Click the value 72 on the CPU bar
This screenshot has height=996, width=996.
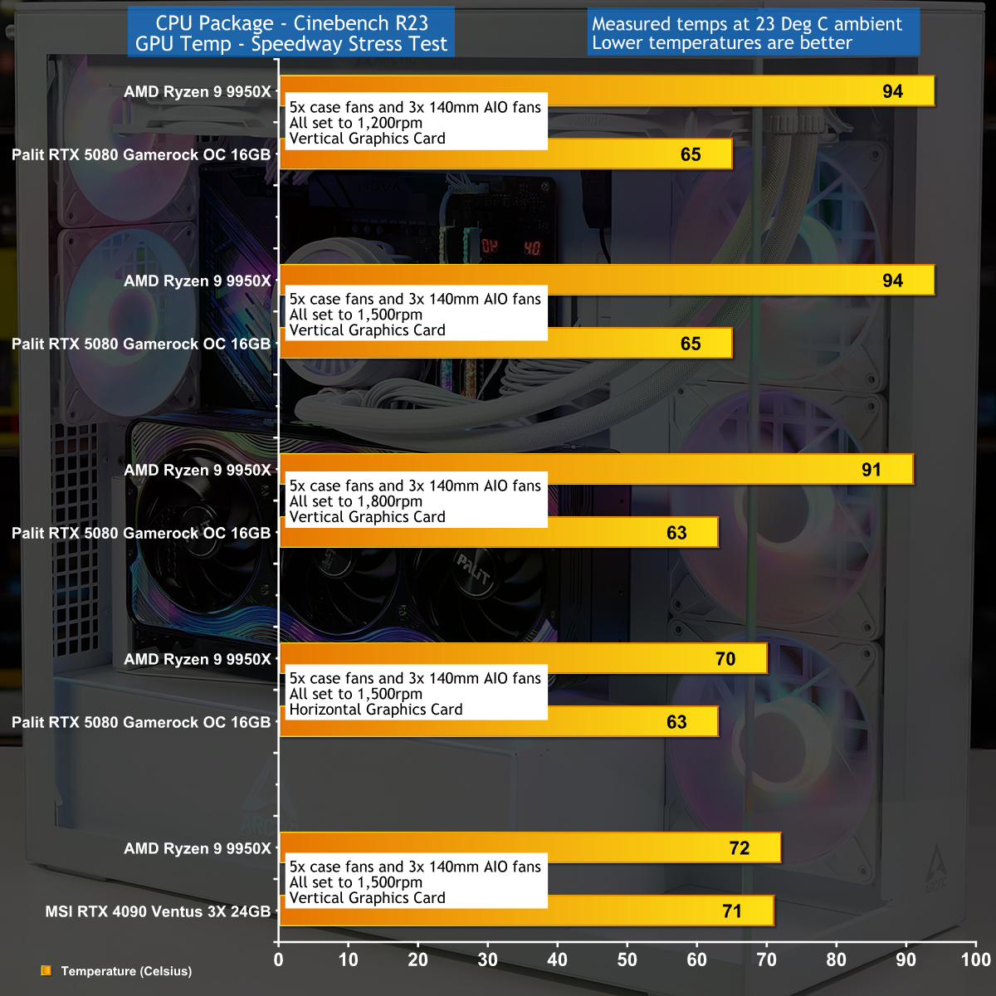click(x=740, y=848)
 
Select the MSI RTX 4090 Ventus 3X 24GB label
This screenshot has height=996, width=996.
click(x=158, y=911)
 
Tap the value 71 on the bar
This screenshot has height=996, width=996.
click(x=732, y=911)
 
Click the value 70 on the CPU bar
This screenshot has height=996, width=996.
click(x=725, y=659)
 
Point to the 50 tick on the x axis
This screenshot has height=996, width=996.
click(x=627, y=959)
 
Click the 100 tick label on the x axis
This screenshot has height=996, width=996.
click(x=976, y=959)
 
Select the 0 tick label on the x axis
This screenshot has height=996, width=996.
click(x=279, y=959)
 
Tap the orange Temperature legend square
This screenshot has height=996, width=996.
click(x=46, y=970)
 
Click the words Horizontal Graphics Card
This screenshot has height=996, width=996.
click(x=376, y=710)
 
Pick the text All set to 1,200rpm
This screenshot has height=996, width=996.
click(x=356, y=123)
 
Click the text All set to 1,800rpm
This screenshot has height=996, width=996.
click(x=356, y=501)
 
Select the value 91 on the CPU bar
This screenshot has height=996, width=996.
click(x=871, y=470)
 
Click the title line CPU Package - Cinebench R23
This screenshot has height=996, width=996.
click(x=291, y=23)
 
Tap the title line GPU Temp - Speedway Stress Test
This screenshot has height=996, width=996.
click(x=291, y=44)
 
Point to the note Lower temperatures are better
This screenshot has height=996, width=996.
click(x=722, y=43)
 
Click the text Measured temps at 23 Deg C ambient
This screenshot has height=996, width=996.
click(x=747, y=24)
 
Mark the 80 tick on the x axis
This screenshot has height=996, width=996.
click(x=837, y=959)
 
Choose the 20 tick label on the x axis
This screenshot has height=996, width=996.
click(x=418, y=959)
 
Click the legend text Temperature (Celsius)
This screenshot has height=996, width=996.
click(x=126, y=971)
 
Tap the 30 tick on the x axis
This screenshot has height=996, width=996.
click(x=488, y=959)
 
